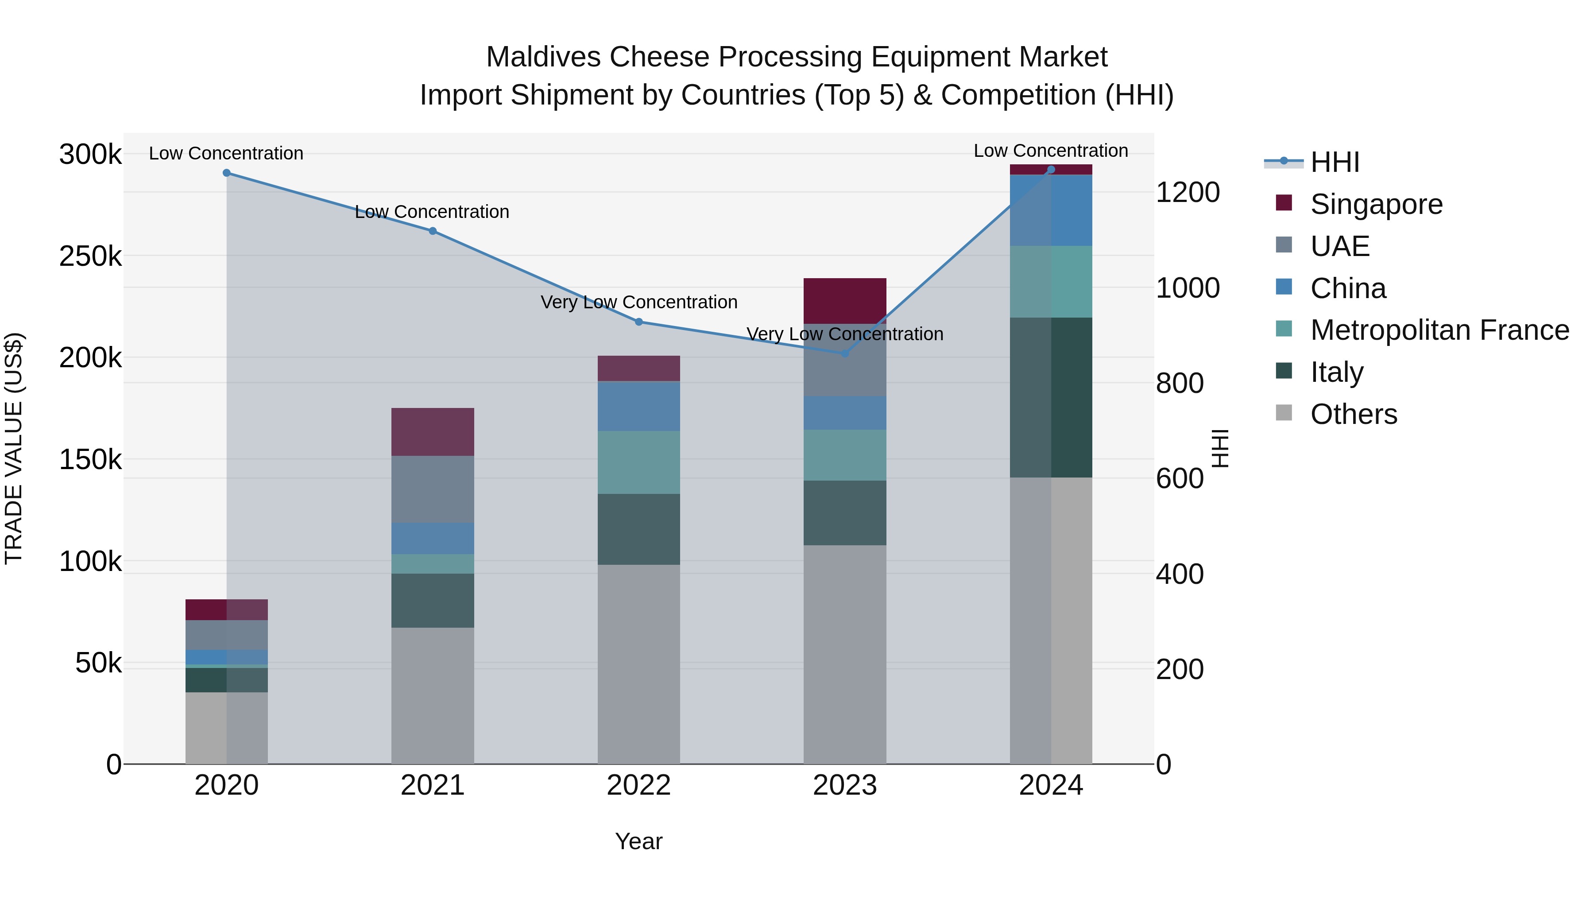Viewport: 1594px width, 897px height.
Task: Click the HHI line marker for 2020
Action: point(226,173)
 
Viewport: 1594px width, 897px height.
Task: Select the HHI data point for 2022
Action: point(638,322)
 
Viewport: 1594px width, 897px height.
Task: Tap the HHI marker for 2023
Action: point(845,353)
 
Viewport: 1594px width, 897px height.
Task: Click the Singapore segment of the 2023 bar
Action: point(845,301)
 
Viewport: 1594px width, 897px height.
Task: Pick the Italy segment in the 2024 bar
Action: point(1051,397)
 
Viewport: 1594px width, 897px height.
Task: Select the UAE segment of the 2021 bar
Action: point(433,489)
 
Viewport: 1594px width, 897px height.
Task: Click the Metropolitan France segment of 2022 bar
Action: point(638,462)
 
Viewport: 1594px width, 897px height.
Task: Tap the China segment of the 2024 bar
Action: point(1051,210)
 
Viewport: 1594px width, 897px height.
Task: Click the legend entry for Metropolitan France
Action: point(1439,330)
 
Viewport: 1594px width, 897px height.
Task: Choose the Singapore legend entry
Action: point(1376,204)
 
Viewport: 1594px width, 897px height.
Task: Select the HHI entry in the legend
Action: point(1335,162)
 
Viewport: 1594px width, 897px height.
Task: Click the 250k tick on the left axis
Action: point(90,256)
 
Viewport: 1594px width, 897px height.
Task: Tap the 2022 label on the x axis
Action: point(638,785)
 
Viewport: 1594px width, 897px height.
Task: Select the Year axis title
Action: point(638,841)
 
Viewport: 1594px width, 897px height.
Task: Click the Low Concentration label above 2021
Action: point(432,212)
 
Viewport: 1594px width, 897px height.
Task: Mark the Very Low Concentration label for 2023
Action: point(845,334)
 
